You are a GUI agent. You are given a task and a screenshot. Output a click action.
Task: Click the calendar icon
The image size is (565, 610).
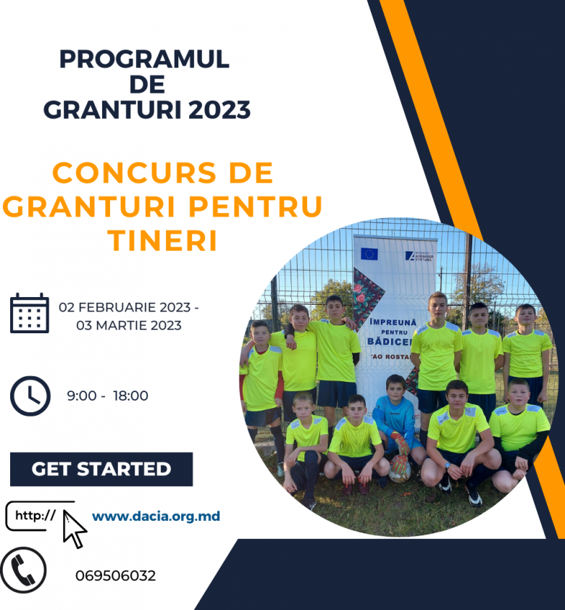pos(30,314)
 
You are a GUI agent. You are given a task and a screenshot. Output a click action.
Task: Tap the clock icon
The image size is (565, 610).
pos(30,396)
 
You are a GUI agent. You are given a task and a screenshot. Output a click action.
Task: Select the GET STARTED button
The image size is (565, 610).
pos(101,469)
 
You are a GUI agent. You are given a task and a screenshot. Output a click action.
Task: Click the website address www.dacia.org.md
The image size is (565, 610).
pos(156,517)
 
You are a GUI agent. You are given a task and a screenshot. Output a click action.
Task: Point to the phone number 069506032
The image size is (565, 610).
pos(115,576)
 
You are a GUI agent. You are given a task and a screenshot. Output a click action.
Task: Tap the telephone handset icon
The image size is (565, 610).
pos(24,570)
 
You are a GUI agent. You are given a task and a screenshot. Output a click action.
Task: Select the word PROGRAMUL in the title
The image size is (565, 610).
pos(144,59)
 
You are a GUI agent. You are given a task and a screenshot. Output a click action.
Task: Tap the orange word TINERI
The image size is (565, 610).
pos(163,241)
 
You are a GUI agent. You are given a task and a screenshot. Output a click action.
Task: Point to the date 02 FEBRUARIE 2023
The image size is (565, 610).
pos(128,307)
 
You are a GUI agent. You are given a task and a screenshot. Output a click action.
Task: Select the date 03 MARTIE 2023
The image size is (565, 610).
pos(128,325)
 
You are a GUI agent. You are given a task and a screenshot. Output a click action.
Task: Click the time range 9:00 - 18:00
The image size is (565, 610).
pos(107,396)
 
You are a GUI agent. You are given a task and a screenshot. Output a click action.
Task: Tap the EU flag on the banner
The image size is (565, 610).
pos(369,254)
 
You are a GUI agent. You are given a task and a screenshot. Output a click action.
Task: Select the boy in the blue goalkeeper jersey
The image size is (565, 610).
pos(395,420)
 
